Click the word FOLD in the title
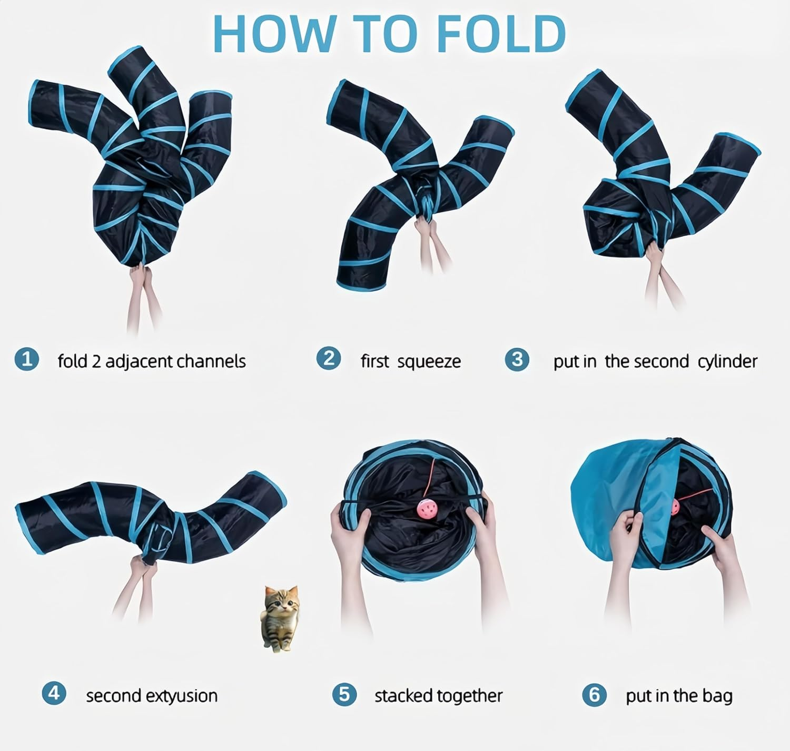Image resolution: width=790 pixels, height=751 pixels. click(501, 34)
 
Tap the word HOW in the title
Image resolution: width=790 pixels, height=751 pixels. click(274, 34)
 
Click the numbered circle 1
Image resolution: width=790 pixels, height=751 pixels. click(27, 360)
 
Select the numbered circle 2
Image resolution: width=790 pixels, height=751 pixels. click(329, 359)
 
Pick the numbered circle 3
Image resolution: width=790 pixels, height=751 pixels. click(517, 359)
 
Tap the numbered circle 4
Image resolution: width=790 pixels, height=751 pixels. click(54, 693)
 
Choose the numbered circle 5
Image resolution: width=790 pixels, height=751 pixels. click(344, 694)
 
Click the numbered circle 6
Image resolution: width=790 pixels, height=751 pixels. click(594, 695)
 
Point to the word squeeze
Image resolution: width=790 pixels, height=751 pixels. click(429, 362)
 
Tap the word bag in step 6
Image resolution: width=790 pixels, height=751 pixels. click(717, 696)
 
